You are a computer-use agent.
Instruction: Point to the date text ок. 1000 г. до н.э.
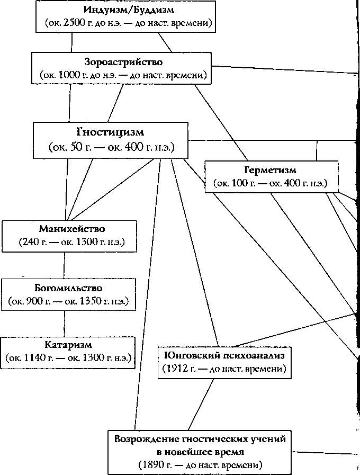pos(85,76)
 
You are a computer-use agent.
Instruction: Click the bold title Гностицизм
pos(110,131)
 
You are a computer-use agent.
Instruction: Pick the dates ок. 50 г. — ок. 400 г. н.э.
pos(111,147)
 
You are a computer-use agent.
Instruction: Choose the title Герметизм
pos(270,170)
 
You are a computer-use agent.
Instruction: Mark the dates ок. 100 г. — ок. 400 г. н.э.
pos(270,184)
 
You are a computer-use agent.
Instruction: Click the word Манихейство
pos(72,229)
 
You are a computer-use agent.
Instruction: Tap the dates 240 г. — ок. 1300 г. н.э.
pos(72,243)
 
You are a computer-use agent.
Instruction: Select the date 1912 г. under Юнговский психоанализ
pos(183,368)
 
